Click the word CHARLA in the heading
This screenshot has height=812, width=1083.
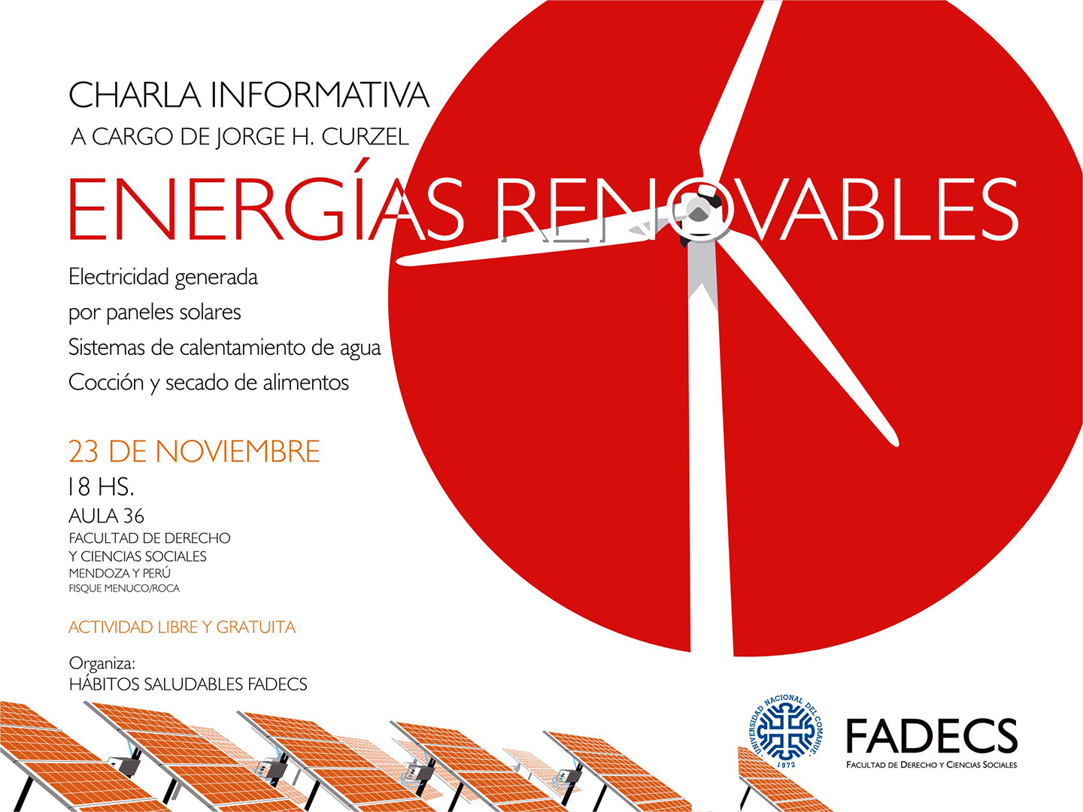tap(134, 95)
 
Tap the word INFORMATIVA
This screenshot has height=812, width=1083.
tap(320, 95)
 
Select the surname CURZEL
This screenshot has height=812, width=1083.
tap(365, 137)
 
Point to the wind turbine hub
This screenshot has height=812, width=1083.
tap(699, 213)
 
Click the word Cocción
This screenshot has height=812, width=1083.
tap(105, 382)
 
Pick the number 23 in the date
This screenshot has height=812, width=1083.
tap(83, 450)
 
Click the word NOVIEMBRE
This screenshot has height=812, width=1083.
tap(238, 450)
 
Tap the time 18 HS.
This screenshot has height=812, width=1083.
tap(101, 486)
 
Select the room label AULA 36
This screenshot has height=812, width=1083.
tap(106, 517)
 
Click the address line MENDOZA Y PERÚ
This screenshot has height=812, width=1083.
tap(120, 573)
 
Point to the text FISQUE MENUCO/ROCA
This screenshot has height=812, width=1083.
tap(124, 588)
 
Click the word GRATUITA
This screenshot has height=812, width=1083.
tap(256, 627)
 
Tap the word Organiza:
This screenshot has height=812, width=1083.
tap(102, 664)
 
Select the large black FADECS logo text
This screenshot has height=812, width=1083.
tap(932, 735)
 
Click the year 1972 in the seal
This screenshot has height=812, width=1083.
tap(787, 764)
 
